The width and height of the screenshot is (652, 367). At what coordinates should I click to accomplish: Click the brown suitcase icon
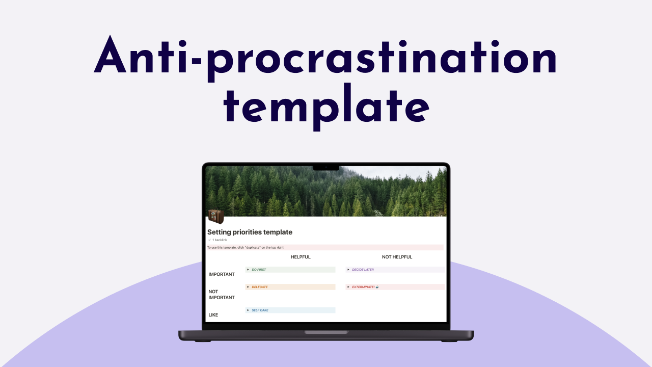point(216,216)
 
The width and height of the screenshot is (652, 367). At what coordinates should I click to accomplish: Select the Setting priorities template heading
point(250,232)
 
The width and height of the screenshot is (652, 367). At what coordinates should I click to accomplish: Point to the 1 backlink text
point(219,240)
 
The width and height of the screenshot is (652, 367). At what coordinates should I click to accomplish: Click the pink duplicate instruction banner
point(325,247)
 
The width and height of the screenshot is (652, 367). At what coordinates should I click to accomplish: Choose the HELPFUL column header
point(301,257)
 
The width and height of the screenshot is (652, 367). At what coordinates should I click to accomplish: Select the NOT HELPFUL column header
point(397,257)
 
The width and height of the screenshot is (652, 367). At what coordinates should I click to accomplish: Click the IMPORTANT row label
point(222,274)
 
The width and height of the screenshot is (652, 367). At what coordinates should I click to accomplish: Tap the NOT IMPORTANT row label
point(222,295)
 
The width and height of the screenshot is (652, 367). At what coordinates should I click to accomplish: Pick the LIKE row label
point(213,314)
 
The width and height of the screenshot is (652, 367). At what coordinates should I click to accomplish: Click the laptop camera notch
point(326,167)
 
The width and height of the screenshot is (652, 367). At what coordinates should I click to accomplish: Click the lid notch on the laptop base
point(326,332)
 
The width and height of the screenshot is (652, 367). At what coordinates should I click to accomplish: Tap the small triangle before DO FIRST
point(248,270)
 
